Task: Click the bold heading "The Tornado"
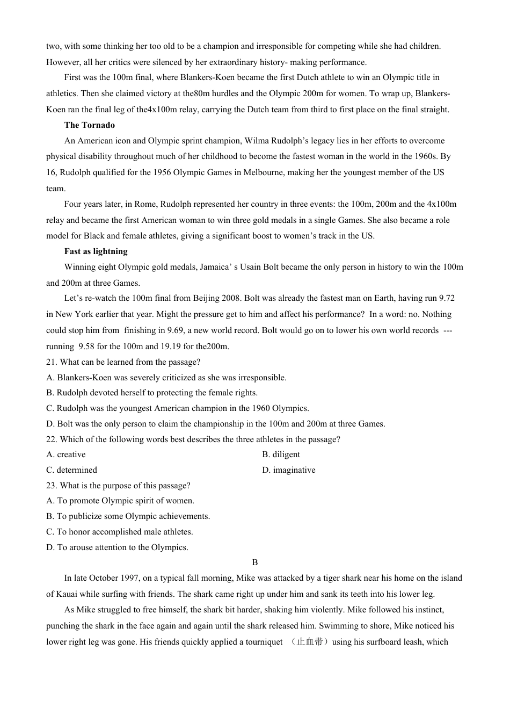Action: [x=89, y=125]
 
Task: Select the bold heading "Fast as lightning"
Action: [x=96, y=251]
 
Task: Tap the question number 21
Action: [x=52, y=362]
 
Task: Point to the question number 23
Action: [x=52, y=486]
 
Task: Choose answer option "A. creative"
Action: [x=66, y=454]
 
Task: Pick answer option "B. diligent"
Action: [x=281, y=454]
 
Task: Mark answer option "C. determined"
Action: [x=71, y=470]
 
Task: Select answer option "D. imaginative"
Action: [x=288, y=470]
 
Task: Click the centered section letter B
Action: [x=255, y=562]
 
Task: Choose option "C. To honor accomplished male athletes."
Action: [x=119, y=532]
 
